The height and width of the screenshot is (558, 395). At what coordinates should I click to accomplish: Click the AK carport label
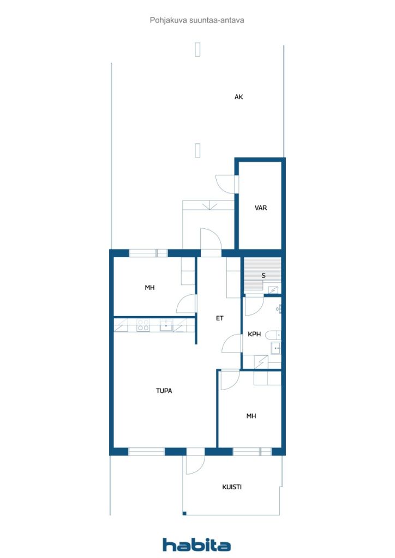[238, 97]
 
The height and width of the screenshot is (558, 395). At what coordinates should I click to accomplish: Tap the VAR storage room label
[261, 208]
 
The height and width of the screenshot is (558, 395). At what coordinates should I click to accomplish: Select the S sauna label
[263, 275]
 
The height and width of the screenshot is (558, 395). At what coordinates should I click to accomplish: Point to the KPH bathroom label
[254, 335]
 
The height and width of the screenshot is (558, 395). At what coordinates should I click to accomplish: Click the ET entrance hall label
[219, 318]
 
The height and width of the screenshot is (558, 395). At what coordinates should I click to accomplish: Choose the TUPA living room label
[164, 390]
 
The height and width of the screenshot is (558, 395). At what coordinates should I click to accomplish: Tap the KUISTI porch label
[232, 487]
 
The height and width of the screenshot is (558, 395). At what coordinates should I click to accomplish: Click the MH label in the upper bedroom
[149, 287]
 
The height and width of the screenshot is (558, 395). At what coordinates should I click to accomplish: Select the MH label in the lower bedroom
[251, 416]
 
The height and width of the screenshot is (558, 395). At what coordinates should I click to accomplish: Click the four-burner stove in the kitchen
[143, 326]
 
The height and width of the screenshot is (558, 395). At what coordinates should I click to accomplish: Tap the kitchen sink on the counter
[165, 326]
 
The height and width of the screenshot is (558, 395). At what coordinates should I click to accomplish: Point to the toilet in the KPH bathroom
[273, 335]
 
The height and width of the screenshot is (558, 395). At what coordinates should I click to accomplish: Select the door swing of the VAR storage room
[226, 184]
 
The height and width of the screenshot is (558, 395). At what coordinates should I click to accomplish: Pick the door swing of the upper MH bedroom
[187, 304]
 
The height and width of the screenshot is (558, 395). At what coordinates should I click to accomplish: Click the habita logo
[196, 544]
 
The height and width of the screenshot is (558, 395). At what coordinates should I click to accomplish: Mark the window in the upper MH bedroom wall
[148, 253]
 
